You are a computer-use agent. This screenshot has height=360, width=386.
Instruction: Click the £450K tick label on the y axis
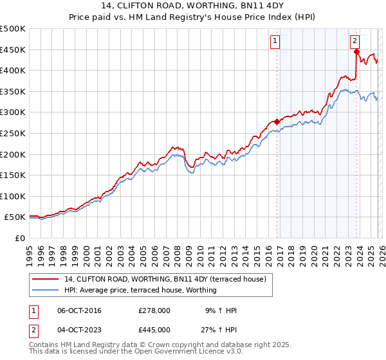(13, 50)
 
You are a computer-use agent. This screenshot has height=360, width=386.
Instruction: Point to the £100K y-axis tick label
(13, 196)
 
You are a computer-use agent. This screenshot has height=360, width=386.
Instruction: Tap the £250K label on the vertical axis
(13, 133)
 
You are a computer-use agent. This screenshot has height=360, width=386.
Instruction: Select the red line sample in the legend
(46, 279)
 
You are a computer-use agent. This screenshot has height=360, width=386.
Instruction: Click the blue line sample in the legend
(46, 290)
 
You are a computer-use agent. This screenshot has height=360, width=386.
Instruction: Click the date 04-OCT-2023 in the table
(79, 330)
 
